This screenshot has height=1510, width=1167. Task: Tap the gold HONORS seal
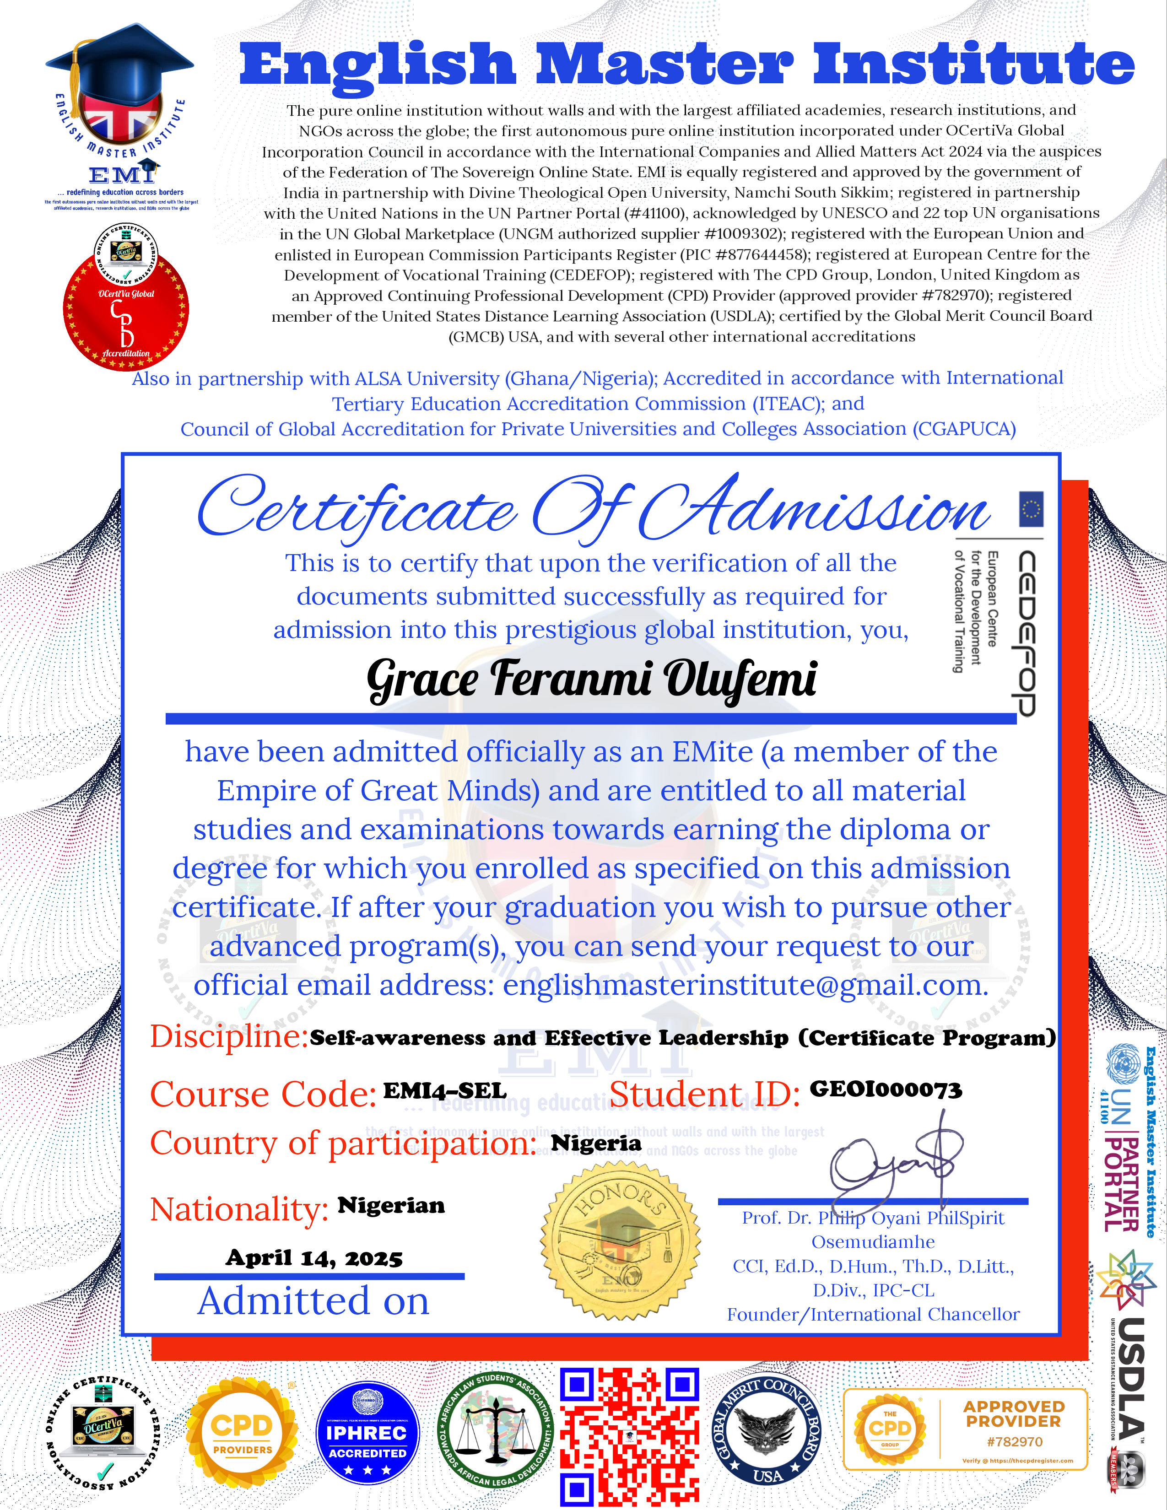click(620, 1241)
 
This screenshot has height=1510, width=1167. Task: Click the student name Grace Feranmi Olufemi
click(591, 679)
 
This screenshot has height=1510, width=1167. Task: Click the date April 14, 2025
click(314, 1257)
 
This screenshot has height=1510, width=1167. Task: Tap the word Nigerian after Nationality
click(391, 1205)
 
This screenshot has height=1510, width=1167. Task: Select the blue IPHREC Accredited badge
click(367, 1434)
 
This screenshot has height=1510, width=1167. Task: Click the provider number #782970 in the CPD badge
click(1014, 1441)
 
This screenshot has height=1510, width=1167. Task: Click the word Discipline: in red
click(229, 1035)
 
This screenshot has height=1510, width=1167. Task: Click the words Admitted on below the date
click(313, 1301)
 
